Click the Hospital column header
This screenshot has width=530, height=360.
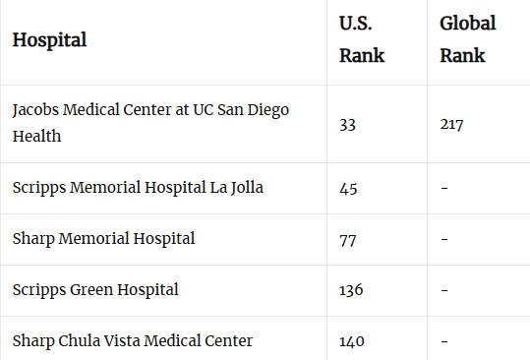pyautogui.click(x=49, y=40)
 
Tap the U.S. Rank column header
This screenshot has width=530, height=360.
pyautogui.click(x=362, y=39)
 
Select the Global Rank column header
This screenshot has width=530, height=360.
pyautogui.click(x=467, y=39)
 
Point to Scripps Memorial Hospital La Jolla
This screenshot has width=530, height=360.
pyautogui.click(x=138, y=187)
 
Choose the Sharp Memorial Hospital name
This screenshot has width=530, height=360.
pyautogui.click(x=103, y=238)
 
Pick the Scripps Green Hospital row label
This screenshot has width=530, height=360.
pyautogui.click(x=95, y=289)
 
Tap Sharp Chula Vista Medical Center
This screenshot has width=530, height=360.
pyautogui.click(x=132, y=340)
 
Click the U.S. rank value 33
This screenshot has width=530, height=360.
pyautogui.click(x=347, y=125)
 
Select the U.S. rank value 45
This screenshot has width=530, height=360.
pyautogui.click(x=348, y=188)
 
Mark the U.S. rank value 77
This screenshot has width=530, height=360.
pyautogui.click(x=347, y=239)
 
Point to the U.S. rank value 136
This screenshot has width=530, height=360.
pyautogui.click(x=351, y=290)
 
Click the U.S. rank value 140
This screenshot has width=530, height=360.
pyautogui.click(x=351, y=341)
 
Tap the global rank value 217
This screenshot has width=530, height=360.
pyautogui.click(x=452, y=125)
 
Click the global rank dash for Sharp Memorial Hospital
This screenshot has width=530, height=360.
pyautogui.click(x=444, y=239)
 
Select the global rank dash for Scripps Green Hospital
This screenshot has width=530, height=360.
pyautogui.click(x=444, y=290)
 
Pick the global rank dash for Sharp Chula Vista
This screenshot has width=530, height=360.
pyautogui.click(x=444, y=341)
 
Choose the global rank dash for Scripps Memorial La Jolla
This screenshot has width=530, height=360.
pyautogui.click(x=444, y=188)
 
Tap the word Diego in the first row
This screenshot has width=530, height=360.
pyautogui.click(x=267, y=109)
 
